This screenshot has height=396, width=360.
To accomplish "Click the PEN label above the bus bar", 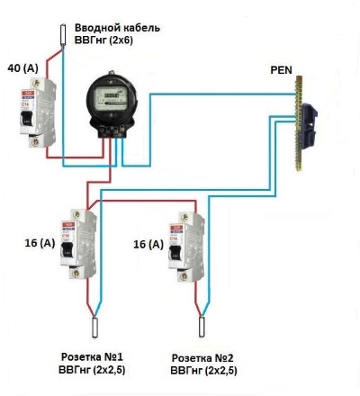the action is [281, 70].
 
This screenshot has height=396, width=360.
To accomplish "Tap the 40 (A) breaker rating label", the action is [23, 68].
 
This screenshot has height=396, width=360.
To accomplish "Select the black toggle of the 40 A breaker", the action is [25, 118].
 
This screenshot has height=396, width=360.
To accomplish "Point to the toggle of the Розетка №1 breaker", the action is [67, 249].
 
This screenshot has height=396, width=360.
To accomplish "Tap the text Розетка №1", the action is [92, 357].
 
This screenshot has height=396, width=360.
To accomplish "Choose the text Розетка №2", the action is [202, 358].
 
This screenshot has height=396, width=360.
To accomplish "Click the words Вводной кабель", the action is [117, 28].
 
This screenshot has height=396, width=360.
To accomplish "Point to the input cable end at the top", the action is [63, 35].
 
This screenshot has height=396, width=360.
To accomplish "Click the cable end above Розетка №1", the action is [95, 328].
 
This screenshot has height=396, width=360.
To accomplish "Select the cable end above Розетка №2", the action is [202, 327].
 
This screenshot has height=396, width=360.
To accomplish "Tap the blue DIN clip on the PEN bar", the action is [309, 125].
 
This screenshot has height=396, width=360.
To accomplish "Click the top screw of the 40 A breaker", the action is [37, 83].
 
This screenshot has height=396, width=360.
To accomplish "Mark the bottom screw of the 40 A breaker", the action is [36, 141].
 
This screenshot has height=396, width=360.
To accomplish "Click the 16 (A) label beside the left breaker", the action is [40, 243].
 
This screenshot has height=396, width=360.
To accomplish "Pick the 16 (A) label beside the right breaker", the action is [148, 244].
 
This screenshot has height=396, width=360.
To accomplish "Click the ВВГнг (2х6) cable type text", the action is [103, 40].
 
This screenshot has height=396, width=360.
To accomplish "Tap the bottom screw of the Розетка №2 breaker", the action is [184, 275].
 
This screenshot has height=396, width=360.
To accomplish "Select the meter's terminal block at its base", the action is [113, 130].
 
